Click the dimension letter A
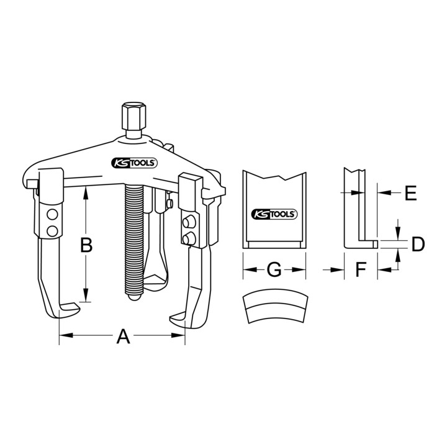[x=123, y=336]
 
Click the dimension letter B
[x=86, y=245]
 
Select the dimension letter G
[x=274, y=269]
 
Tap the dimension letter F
[x=361, y=269]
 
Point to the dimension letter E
[x=411, y=193]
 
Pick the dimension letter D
[x=418, y=245]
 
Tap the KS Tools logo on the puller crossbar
[x=134, y=163]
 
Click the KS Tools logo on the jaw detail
[x=274, y=214]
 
